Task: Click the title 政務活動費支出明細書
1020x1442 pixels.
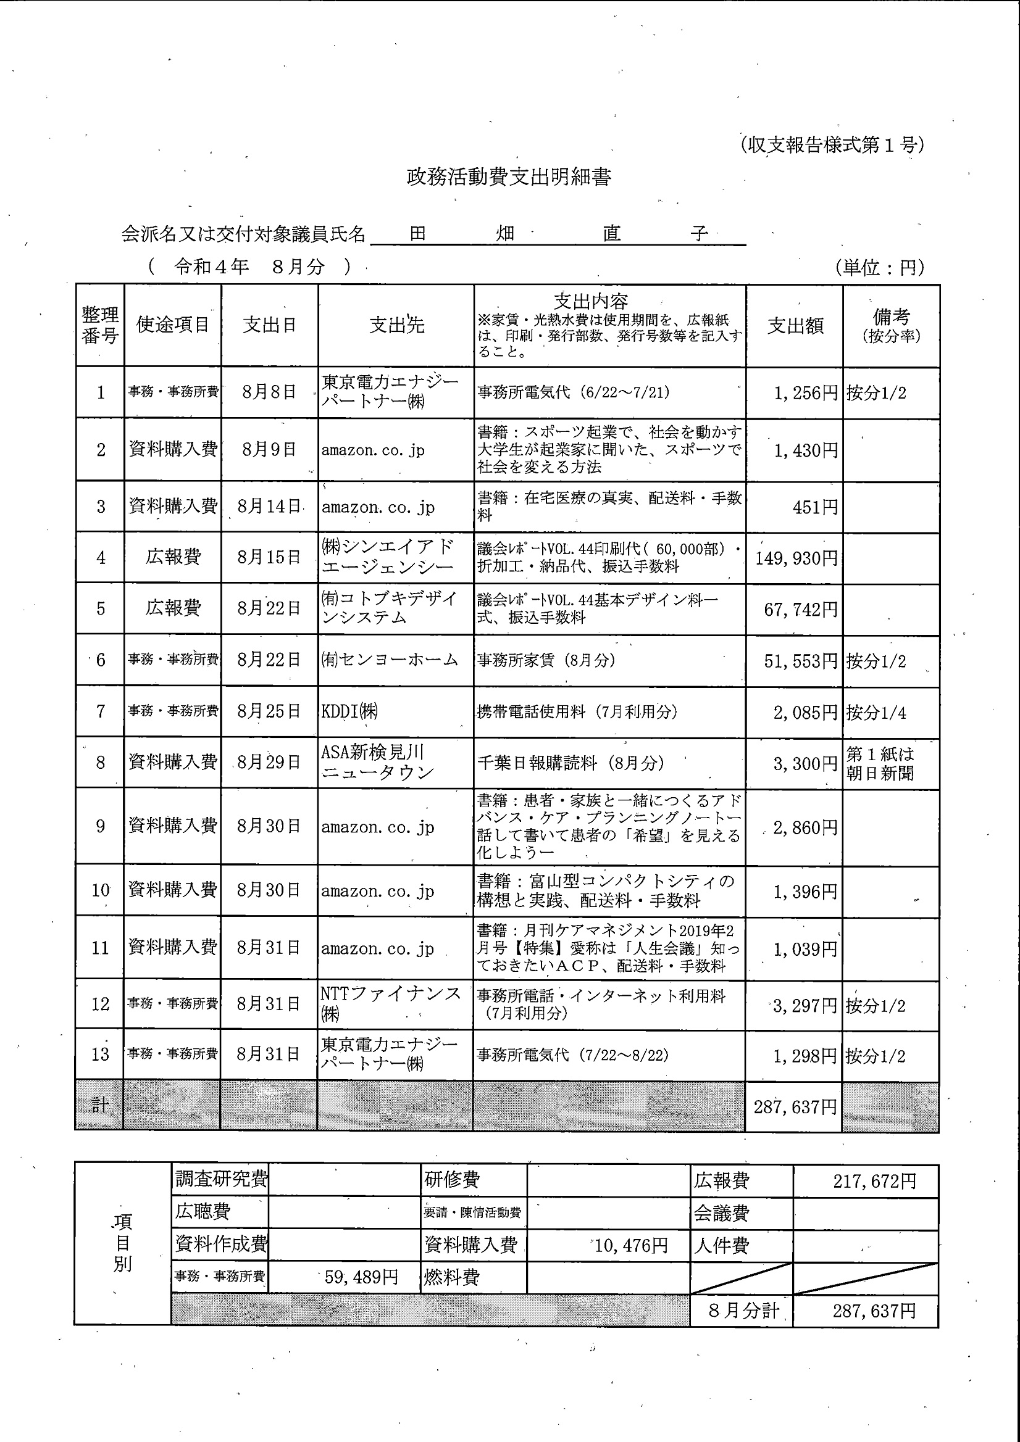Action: click(x=508, y=177)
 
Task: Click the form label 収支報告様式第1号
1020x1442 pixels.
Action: click(x=832, y=145)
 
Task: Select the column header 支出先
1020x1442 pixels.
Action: click(x=396, y=325)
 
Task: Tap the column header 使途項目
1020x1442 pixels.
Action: click(x=173, y=325)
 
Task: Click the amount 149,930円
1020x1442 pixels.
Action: click(x=796, y=558)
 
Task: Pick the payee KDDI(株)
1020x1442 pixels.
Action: click(x=350, y=711)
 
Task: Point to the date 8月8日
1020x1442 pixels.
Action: click(x=269, y=392)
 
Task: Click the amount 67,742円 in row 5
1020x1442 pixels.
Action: click(x=800, y=609)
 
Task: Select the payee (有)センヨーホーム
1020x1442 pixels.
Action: click(x=390, y=660)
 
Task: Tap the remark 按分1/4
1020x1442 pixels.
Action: click(x=876, y=712)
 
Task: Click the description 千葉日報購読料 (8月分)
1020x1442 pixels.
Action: click(x=571, y=763)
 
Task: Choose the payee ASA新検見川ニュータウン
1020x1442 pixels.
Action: click(x=377, y=762)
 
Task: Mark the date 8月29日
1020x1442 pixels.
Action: click(x=269, y=763)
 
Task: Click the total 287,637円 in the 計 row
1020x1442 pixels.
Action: click(x=795, y=1106)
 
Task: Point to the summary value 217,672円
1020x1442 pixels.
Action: click(x=874, y=1182)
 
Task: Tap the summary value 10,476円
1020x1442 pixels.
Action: click(x=630, y=1245)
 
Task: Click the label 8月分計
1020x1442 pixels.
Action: click(x=743, y=1310)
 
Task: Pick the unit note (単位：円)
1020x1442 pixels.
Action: click(x=879, y=268)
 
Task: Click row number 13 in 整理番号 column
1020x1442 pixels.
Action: click(x=101, y=1054)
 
